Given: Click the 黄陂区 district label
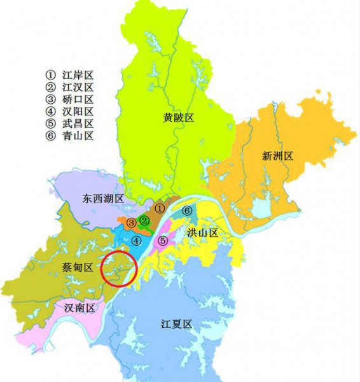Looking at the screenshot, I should click(177, 118).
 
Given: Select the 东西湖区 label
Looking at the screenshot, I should click(102, 199).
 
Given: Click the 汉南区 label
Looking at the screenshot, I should click(80, 308).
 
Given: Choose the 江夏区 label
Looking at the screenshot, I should click(176, 324).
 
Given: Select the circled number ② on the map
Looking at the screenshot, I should click(144, 221).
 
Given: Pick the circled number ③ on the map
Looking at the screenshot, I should click(130, 223).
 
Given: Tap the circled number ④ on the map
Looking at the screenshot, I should click(136, 241).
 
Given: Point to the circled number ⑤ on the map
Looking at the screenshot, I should click(163, 241).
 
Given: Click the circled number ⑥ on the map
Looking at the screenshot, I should click(187, 211).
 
